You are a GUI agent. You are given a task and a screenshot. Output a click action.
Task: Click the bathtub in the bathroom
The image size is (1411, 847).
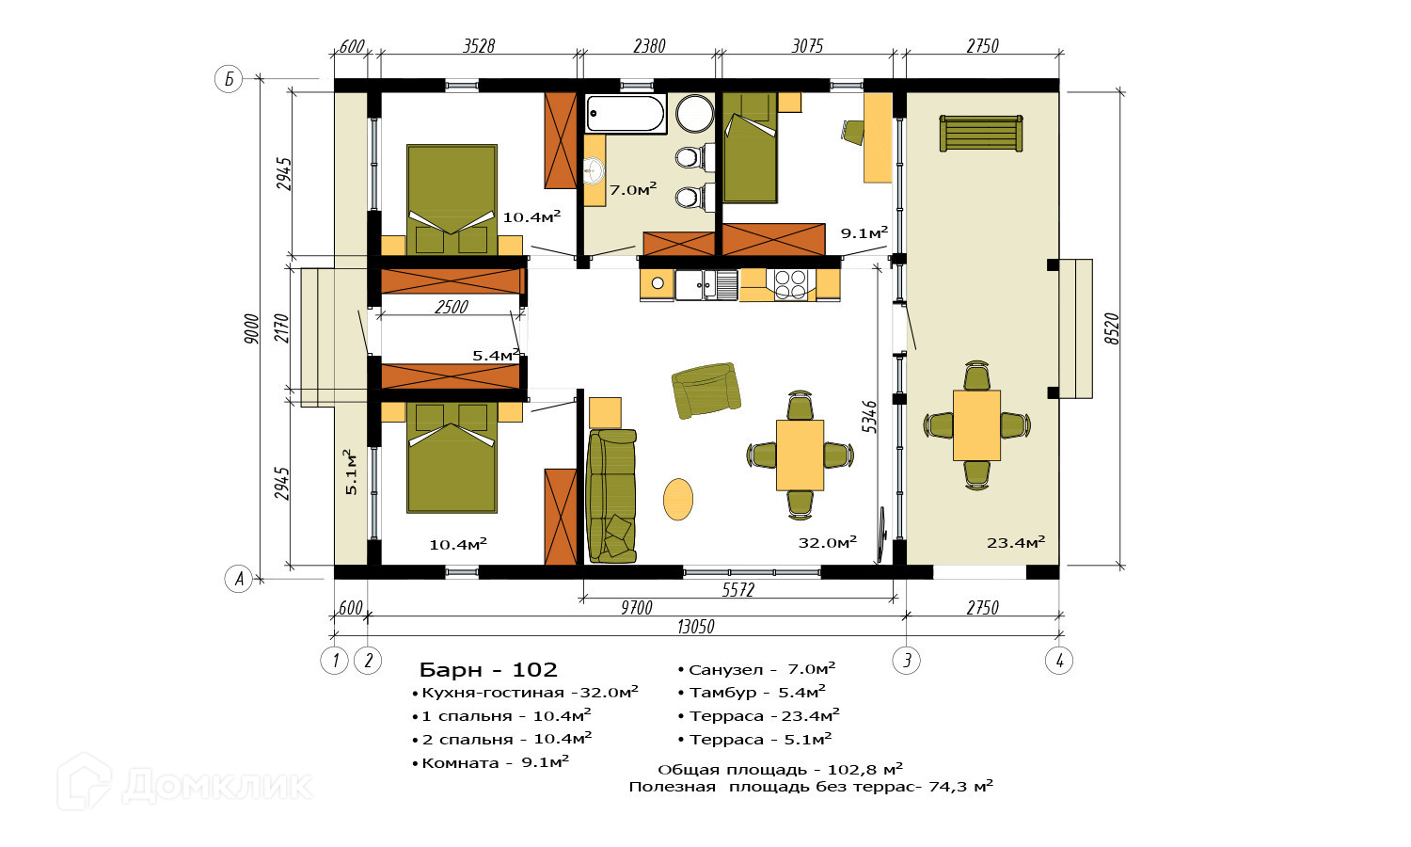(x=626, y=114)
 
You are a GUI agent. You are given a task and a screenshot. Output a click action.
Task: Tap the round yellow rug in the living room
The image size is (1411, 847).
(x=678, y=499)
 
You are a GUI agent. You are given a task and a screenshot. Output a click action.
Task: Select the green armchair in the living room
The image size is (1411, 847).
(x=705, y=391)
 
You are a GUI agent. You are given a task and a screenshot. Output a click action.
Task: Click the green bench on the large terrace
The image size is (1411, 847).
(x=981, y=134)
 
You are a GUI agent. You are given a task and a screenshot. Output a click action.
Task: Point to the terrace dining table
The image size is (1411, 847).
(x=976, y=425)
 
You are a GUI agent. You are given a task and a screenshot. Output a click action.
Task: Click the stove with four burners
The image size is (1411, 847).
(x=790, y=285)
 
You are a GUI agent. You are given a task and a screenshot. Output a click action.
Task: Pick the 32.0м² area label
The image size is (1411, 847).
(x=827, y=542)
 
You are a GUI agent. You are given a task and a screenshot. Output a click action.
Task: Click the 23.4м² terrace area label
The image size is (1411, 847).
(x=1016, y=542)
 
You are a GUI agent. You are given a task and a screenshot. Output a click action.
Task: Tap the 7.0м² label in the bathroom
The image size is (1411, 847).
(x=633, y=189)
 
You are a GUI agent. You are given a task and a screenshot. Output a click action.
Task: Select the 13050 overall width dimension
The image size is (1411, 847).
(x=696, y=627)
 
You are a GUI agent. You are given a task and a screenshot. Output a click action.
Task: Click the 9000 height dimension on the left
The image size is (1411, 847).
(x=251, y=328)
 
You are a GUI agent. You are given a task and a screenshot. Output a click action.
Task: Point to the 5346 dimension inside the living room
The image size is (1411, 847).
(x=869, y=417)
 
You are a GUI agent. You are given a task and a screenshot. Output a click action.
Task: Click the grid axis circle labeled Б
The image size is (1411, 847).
(x=229, y=79)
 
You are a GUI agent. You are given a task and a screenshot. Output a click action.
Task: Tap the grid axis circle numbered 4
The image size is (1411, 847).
(x=1059, y=661)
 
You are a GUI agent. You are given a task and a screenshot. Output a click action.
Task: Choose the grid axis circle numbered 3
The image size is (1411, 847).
(x=907, y=661)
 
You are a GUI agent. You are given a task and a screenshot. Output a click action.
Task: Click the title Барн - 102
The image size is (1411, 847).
(x=488, y=669)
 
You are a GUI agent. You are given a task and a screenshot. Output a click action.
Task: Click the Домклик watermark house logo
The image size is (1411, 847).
(x=85, y=781)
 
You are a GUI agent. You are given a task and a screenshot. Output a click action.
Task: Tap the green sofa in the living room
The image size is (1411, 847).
(x=611, y=496)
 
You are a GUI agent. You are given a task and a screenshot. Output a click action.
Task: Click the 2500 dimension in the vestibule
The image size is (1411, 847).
(x=451, y=307)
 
